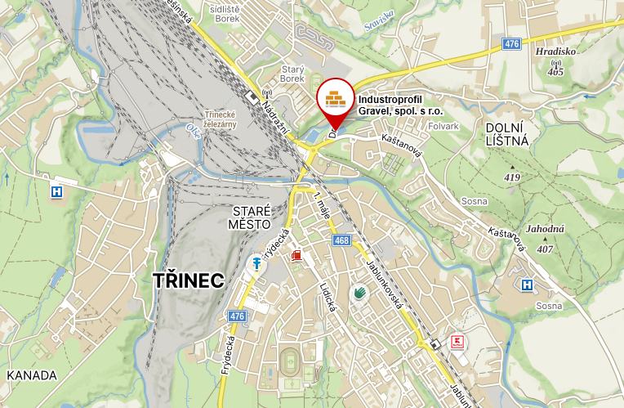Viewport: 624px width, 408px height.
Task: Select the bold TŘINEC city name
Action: point(188,280)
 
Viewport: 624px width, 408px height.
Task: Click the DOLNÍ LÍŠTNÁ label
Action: point(507,133)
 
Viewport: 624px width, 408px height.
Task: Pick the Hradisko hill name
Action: point(556,51)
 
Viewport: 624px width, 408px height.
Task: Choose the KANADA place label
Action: point(31,375)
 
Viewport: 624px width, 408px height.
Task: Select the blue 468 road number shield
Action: point(342,240)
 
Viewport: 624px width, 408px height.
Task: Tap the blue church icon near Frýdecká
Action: point(256,263)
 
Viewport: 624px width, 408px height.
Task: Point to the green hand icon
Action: point(358,291)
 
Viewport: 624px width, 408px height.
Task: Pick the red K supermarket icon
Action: point(457,341)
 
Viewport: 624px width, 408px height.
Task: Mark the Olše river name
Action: point(193,131)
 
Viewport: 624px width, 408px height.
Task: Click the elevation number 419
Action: point(512,177)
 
